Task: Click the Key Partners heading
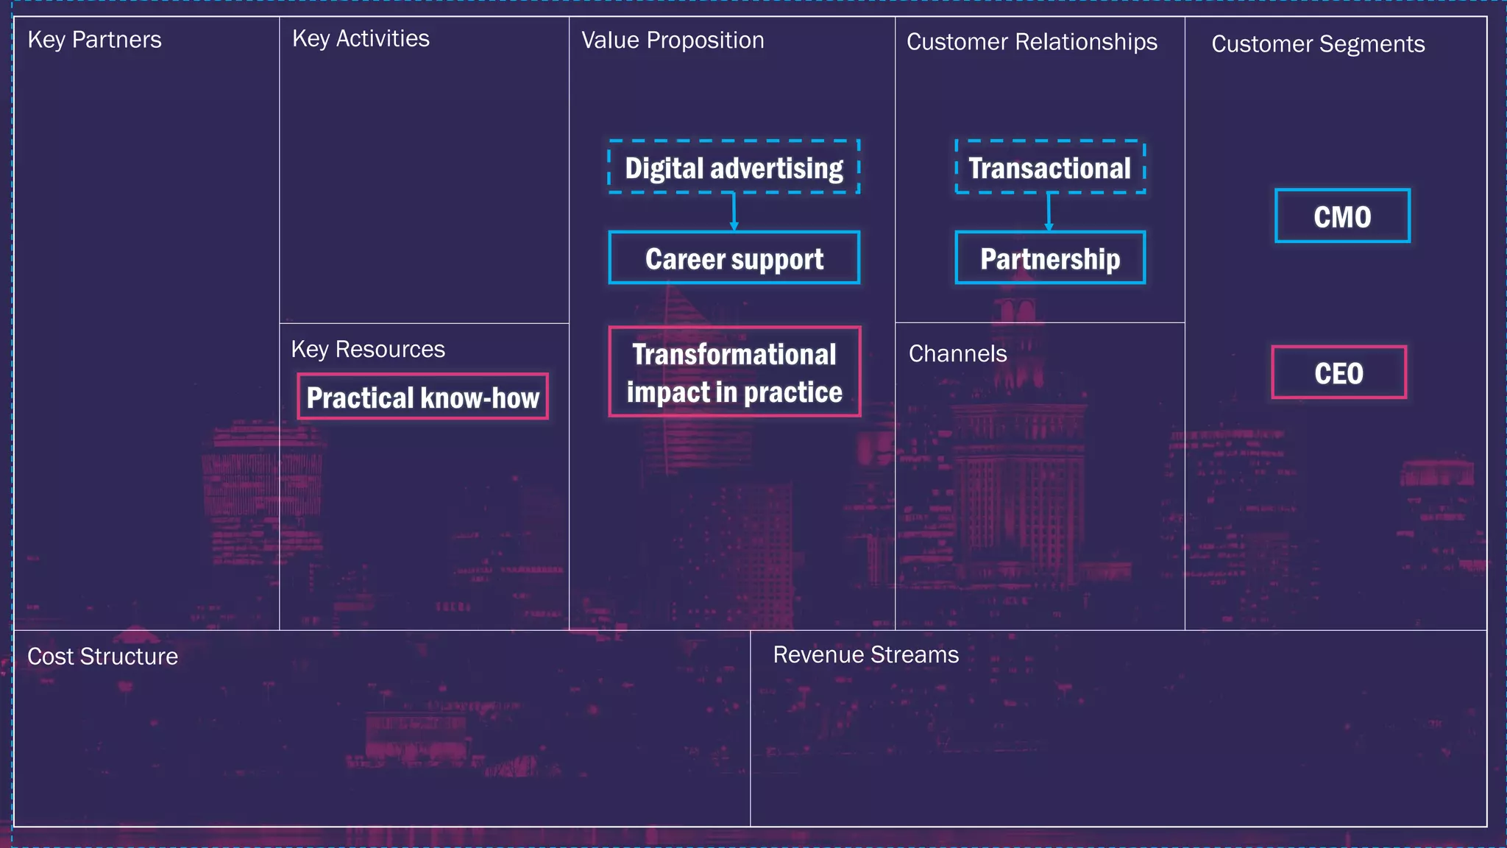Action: (94, 40)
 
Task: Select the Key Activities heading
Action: (361, 38)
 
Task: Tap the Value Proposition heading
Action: (673, 40)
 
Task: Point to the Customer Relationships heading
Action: (1032, 42)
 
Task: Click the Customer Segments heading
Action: (1318, 44)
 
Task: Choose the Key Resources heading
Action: (368, 349)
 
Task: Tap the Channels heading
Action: (957, 354)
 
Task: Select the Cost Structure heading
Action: (102, 657)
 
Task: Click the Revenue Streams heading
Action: (865, 654)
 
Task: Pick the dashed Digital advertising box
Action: (734, 167)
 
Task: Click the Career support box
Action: (734, 258)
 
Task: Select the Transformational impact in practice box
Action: (734, 372)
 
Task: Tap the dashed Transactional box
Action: (1049, 167)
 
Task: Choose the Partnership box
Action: (1050, 258)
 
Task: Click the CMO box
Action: (1342, 216)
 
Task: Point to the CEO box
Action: (1338, 372)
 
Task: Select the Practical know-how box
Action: (422, 397)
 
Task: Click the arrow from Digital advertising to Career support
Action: (734, 213)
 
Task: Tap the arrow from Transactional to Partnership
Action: (1049, 213)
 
